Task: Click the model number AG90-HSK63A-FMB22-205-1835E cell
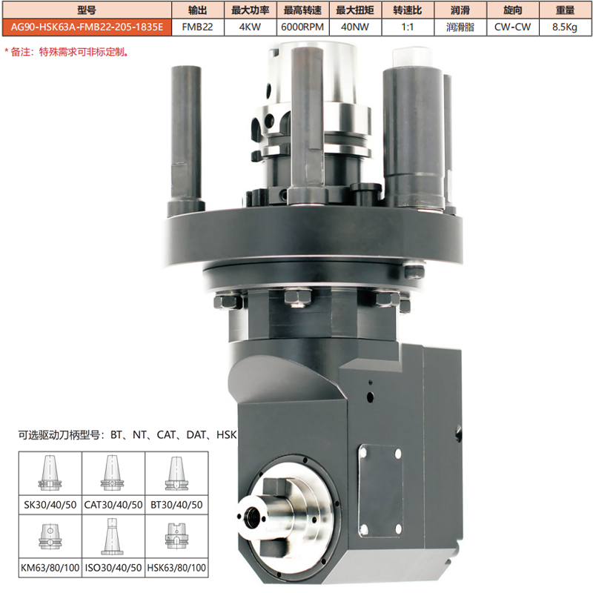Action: click(87, 27)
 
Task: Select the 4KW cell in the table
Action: click(250, 27)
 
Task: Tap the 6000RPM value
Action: click(302, 27)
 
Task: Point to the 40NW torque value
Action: click(355, 27)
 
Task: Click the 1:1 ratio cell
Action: click(408, 27)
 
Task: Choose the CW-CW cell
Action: click(513, 27)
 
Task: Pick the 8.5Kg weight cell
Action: click(566, 27)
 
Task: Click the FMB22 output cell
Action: click(198, 27)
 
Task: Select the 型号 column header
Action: click(87, 10)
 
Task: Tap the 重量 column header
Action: click(566, 10)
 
